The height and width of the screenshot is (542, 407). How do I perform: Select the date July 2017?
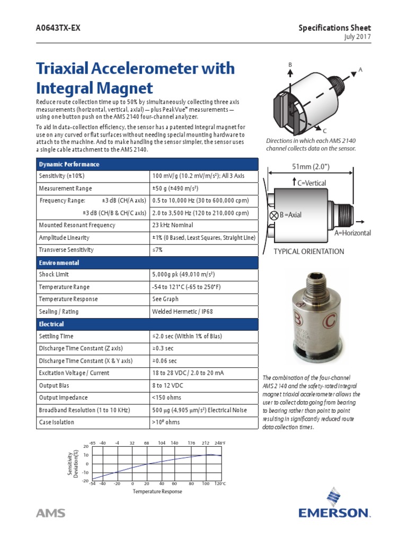[x=358, y=37]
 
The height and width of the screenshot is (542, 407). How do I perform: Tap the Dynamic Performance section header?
[x=69, y=164]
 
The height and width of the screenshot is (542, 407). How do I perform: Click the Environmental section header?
[x=59, y=263]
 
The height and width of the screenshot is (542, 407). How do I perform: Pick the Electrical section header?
[x=51, y=324]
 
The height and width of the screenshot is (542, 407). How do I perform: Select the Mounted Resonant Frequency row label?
[x=77, y=225]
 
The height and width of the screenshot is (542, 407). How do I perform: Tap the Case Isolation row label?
[x=57, y=422]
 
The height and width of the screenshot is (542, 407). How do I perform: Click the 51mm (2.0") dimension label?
[x=311, y=167]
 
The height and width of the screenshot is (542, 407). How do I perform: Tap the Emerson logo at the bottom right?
[x=334, y=505]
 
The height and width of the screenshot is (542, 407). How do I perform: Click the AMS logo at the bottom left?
[x=50, y=513]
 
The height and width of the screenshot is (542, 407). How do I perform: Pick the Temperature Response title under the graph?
[x=157, y=491]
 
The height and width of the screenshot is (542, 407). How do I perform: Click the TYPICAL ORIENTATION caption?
[x=308, y=251]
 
